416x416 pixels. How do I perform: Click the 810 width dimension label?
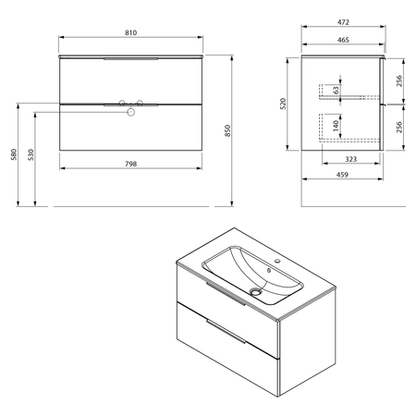(130, 32)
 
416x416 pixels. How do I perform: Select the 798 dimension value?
(130, 164)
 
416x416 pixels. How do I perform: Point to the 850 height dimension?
(227, 130)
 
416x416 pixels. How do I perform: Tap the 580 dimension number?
(14, 154)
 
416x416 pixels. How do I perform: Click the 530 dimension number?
(31, 154)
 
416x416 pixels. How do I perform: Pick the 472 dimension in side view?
(343, 22)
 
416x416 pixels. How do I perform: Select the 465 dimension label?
(343, 40)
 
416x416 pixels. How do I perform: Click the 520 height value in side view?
(283, 104)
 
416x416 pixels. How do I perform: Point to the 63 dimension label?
(336, 90)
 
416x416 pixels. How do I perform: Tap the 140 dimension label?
(336, 125)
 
